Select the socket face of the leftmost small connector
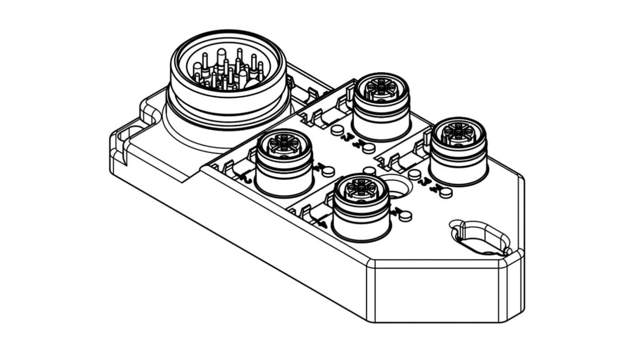point(283,144)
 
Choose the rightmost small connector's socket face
point(458,130)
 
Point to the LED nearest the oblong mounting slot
point(446,193)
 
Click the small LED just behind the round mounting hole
point(369,171)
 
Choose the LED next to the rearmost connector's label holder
point(336,130)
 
